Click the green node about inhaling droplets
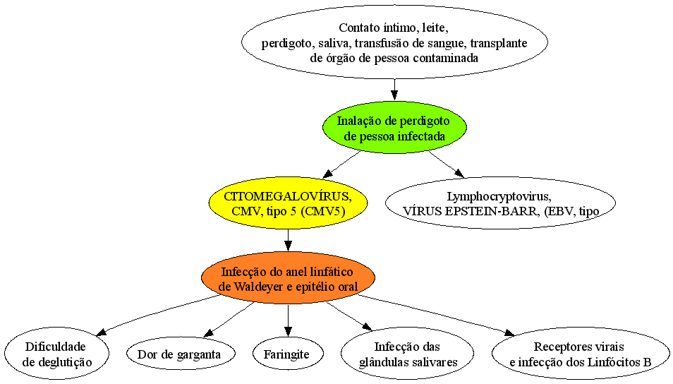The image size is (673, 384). click(394, 128)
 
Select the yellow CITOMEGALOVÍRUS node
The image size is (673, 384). click(288, 203)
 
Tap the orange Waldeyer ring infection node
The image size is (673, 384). click(288, 278)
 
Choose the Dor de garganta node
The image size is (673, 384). click(181, 354)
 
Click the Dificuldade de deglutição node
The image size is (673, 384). click(57, 354)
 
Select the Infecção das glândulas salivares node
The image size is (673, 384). click(407, 354)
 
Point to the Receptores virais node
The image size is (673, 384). click(581, 354)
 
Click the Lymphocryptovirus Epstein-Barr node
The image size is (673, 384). click(500, 203)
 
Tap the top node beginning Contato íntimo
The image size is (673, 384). click(394, 42)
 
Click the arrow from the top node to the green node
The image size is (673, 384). click(394, 90)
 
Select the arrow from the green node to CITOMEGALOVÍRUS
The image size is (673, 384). click(341, 164)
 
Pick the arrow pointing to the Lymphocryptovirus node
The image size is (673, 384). click(447, 164)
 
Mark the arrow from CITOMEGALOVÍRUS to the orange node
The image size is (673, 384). click(288, 241)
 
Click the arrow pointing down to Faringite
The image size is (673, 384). click(288, 320)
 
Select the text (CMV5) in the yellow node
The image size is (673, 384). click(323, 211)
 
